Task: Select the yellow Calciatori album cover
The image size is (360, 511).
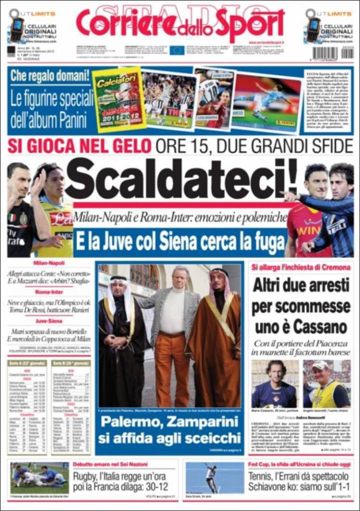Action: (119, 100)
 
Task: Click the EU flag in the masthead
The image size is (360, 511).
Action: (176, 50)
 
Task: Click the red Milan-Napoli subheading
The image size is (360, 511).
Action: (49, 263)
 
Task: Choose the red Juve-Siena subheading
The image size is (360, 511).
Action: (49, 322)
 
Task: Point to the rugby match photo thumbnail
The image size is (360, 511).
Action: (39, 478)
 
